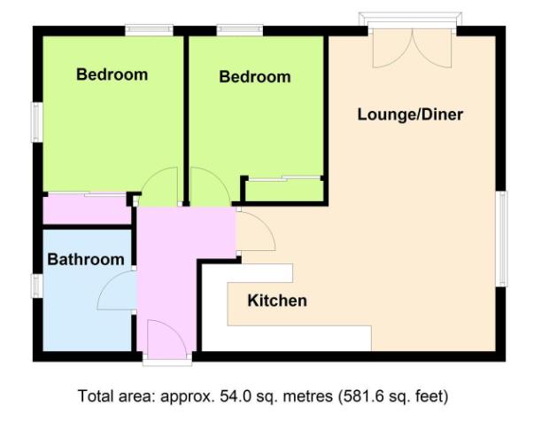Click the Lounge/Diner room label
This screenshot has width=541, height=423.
click(x=410, y=114)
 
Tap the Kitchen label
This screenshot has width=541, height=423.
click(x=276, y=301)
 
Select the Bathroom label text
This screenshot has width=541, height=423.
click(x=85, y=260)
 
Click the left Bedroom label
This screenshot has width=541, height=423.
click(x=112, y=74)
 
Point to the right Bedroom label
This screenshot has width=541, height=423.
click(x=254, y=77)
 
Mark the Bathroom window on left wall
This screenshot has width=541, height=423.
click(x=37, y=286)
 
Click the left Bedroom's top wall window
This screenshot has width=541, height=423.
click(x=148, y=31)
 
